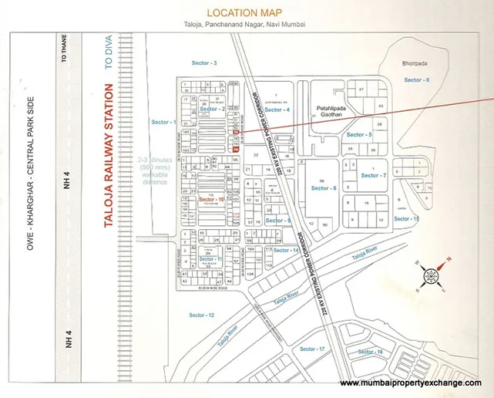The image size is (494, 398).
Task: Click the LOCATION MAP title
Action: [244, 13]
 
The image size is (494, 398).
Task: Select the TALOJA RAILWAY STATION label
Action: [98, 158]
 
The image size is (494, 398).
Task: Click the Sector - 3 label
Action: [204, 62]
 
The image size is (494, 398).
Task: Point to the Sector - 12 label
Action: [201, 315]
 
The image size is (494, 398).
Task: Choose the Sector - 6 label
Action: [417, 80]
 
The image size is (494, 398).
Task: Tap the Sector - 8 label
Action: [324, 187]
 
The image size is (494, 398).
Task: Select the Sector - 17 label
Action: [312, 349]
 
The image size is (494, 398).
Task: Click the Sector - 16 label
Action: [383, 352]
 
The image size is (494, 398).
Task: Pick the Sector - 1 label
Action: [164, 122]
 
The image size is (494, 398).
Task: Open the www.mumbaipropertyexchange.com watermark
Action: [411, 383]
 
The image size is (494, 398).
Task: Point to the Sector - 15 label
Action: [406, 219]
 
